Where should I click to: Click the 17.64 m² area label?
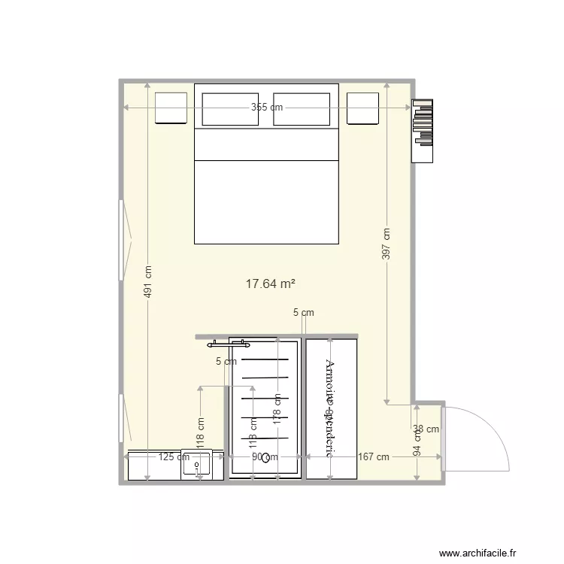(270, 284)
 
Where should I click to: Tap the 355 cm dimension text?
(267, 108)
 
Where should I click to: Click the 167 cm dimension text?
(373, 456)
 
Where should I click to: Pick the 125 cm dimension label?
(174, 456)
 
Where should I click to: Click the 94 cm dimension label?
(418, 444)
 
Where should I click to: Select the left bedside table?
(171, 108)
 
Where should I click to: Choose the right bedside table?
(362, 108)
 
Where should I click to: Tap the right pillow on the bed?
(302, 109)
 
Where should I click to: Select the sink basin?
(198, 466)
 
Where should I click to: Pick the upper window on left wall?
(121, 240)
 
